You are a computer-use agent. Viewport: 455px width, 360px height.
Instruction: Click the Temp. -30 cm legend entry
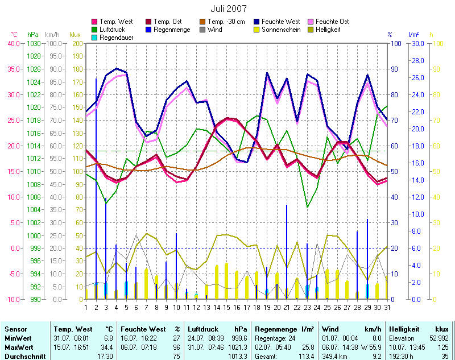[x=225, y=22]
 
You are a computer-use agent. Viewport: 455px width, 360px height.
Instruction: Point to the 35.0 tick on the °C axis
[x=11, y=69]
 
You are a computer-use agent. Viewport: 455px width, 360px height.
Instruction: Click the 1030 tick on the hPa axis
[x=34, y=43]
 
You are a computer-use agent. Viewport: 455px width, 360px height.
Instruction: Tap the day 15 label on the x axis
[x=227, y=307]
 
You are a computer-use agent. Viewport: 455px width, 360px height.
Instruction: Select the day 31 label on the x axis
[x=387, y=307]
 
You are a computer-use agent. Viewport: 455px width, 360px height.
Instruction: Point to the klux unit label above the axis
[x=75, y=35]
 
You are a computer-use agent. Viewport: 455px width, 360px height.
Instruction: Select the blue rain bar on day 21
[x=287, y=250]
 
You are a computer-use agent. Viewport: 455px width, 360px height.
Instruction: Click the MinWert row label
[x=17, y=338]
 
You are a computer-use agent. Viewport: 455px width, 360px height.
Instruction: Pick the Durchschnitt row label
[x=24, y=355]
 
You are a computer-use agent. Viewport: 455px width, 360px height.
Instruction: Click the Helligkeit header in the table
[x=403, y=329]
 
